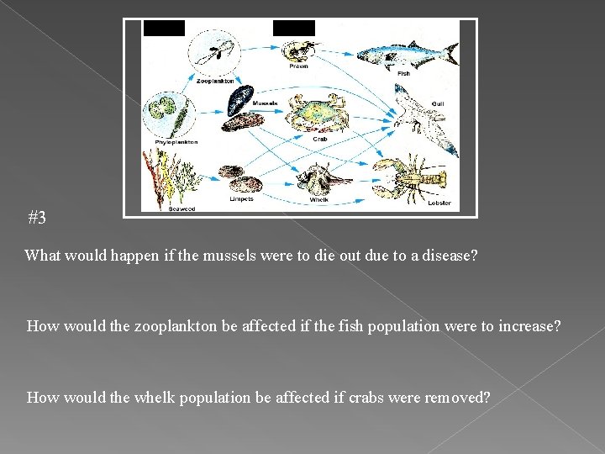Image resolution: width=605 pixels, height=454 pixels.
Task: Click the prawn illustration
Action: point(301,50)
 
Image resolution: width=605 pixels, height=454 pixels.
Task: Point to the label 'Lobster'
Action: point(439,203)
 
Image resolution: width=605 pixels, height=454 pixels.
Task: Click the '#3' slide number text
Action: point(37,219)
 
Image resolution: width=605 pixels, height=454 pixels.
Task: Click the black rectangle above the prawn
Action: point(294,28)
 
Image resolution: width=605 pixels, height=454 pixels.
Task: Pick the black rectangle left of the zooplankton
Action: point(164,28)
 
